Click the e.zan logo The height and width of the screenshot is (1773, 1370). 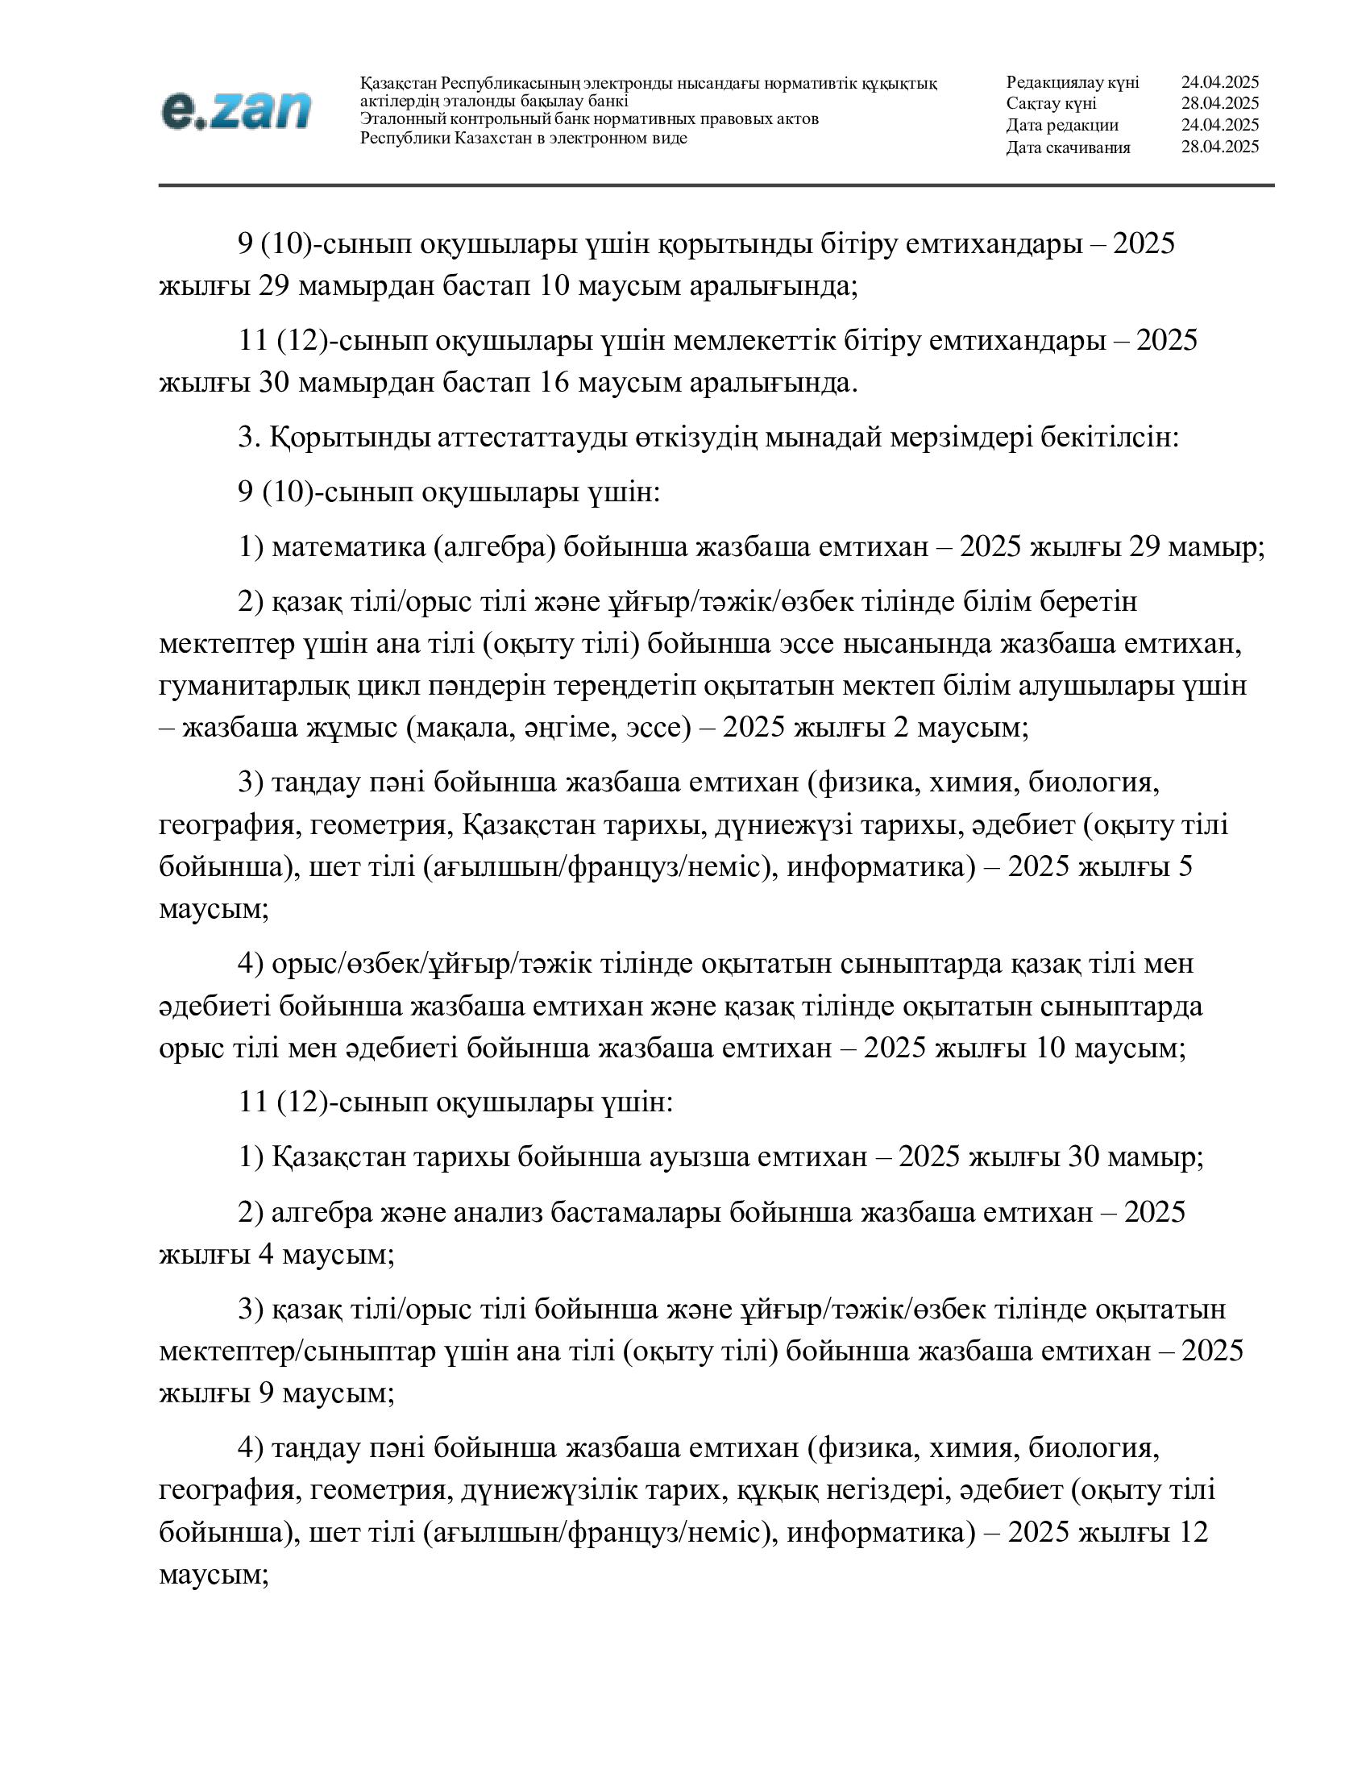pyautogui.click(x=236, y=110)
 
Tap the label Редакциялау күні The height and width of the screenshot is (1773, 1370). pyautogui.click(x=1072, y=82)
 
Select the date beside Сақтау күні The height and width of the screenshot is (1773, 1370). pyautogui.click(x=1220, y=103)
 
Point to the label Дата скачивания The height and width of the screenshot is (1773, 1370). pyautogui.click(x=1068, y=147)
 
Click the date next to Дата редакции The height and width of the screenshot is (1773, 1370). pyautogui.click(x=1220, y=125)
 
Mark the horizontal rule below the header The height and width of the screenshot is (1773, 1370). pyautogui.click(x=716, y=185)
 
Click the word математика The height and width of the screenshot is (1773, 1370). pyautogui.click(x=348, y=547)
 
